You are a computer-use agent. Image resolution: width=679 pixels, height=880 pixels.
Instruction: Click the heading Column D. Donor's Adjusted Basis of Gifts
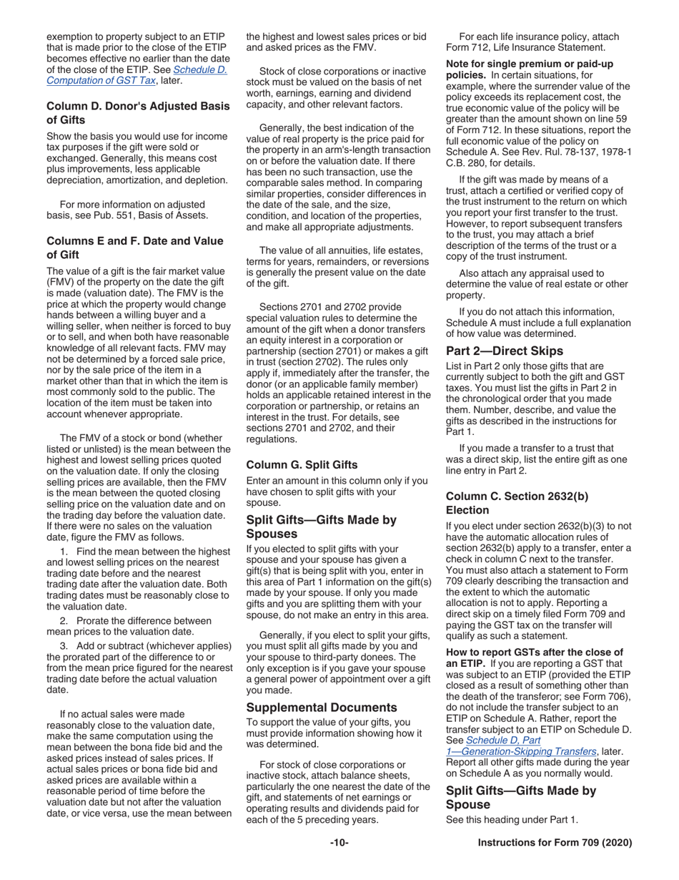click(x=138, y=113)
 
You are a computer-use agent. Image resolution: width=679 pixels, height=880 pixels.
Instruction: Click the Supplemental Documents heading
click(x=322, y=707)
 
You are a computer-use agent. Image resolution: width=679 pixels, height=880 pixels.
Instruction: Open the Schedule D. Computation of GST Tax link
click(x=138, y=75)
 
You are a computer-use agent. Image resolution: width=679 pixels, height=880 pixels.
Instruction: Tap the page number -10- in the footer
click(x=339, y=843)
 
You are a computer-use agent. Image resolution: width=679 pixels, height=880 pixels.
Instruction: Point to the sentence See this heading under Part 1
click(x=512, y=818)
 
